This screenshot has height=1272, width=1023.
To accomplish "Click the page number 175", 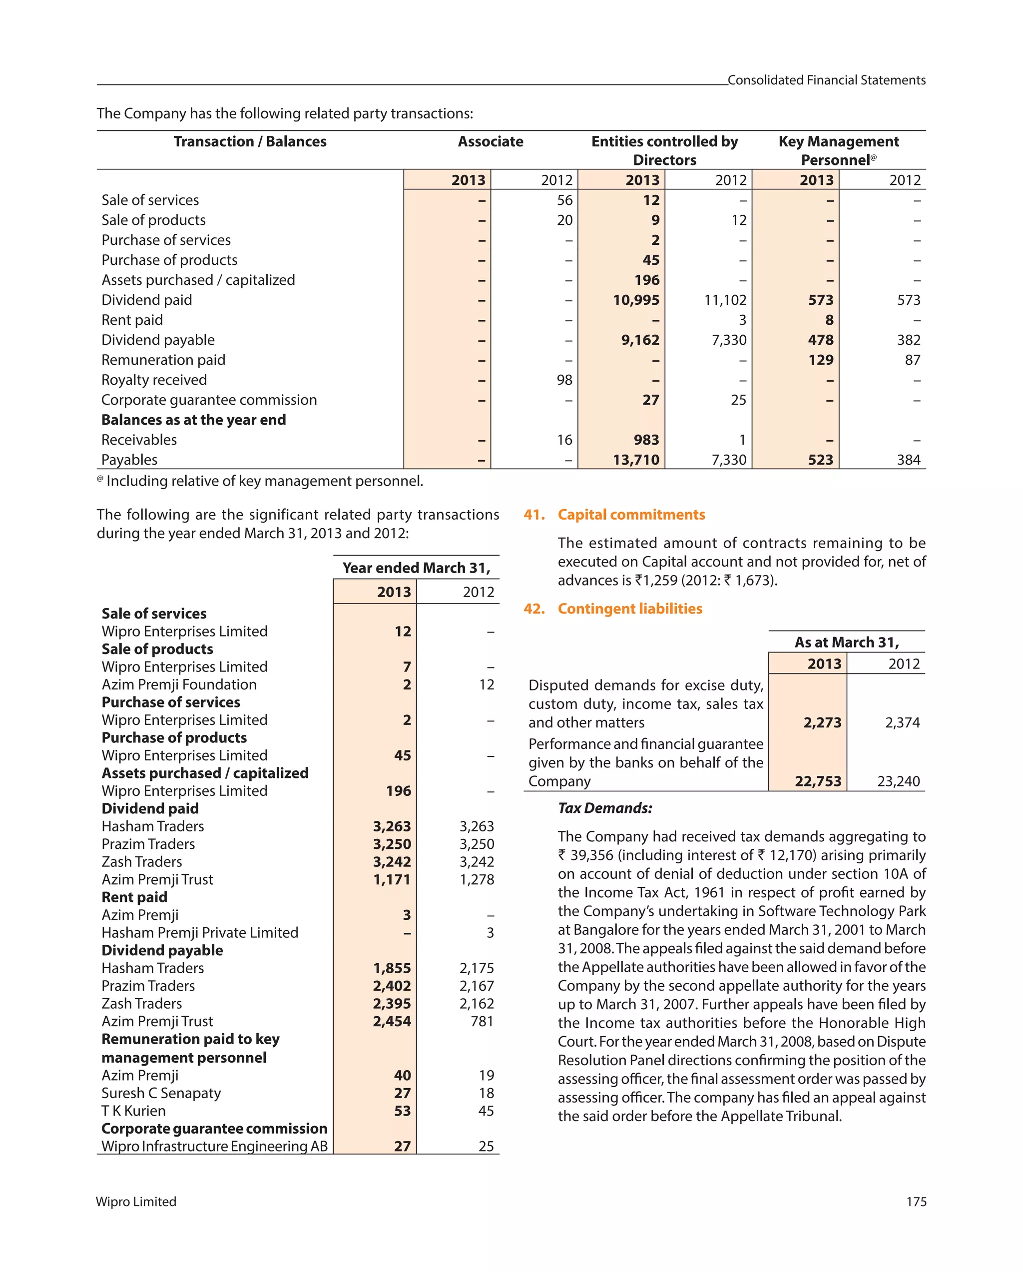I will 916,1202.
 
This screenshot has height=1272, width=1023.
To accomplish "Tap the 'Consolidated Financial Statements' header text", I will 826,80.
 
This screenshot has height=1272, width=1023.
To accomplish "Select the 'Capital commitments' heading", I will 631,515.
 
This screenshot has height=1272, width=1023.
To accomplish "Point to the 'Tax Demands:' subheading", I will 605,808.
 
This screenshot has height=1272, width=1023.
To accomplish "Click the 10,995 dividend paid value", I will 635,300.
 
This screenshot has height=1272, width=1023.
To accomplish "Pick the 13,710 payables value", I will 635,460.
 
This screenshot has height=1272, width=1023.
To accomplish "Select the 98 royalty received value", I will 564,380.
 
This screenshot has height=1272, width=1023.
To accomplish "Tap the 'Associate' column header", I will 490,141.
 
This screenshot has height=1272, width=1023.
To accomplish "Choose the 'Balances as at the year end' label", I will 193,420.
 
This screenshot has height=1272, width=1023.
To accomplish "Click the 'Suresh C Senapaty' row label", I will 161,1093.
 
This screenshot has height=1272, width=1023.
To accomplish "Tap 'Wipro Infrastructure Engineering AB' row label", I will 214,1146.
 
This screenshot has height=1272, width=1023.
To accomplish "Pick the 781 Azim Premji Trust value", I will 482,1021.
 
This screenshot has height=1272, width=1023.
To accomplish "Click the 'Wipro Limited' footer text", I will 136,1202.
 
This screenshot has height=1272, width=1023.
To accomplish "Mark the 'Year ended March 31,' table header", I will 416,568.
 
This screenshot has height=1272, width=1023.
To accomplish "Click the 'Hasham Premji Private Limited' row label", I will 199,932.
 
